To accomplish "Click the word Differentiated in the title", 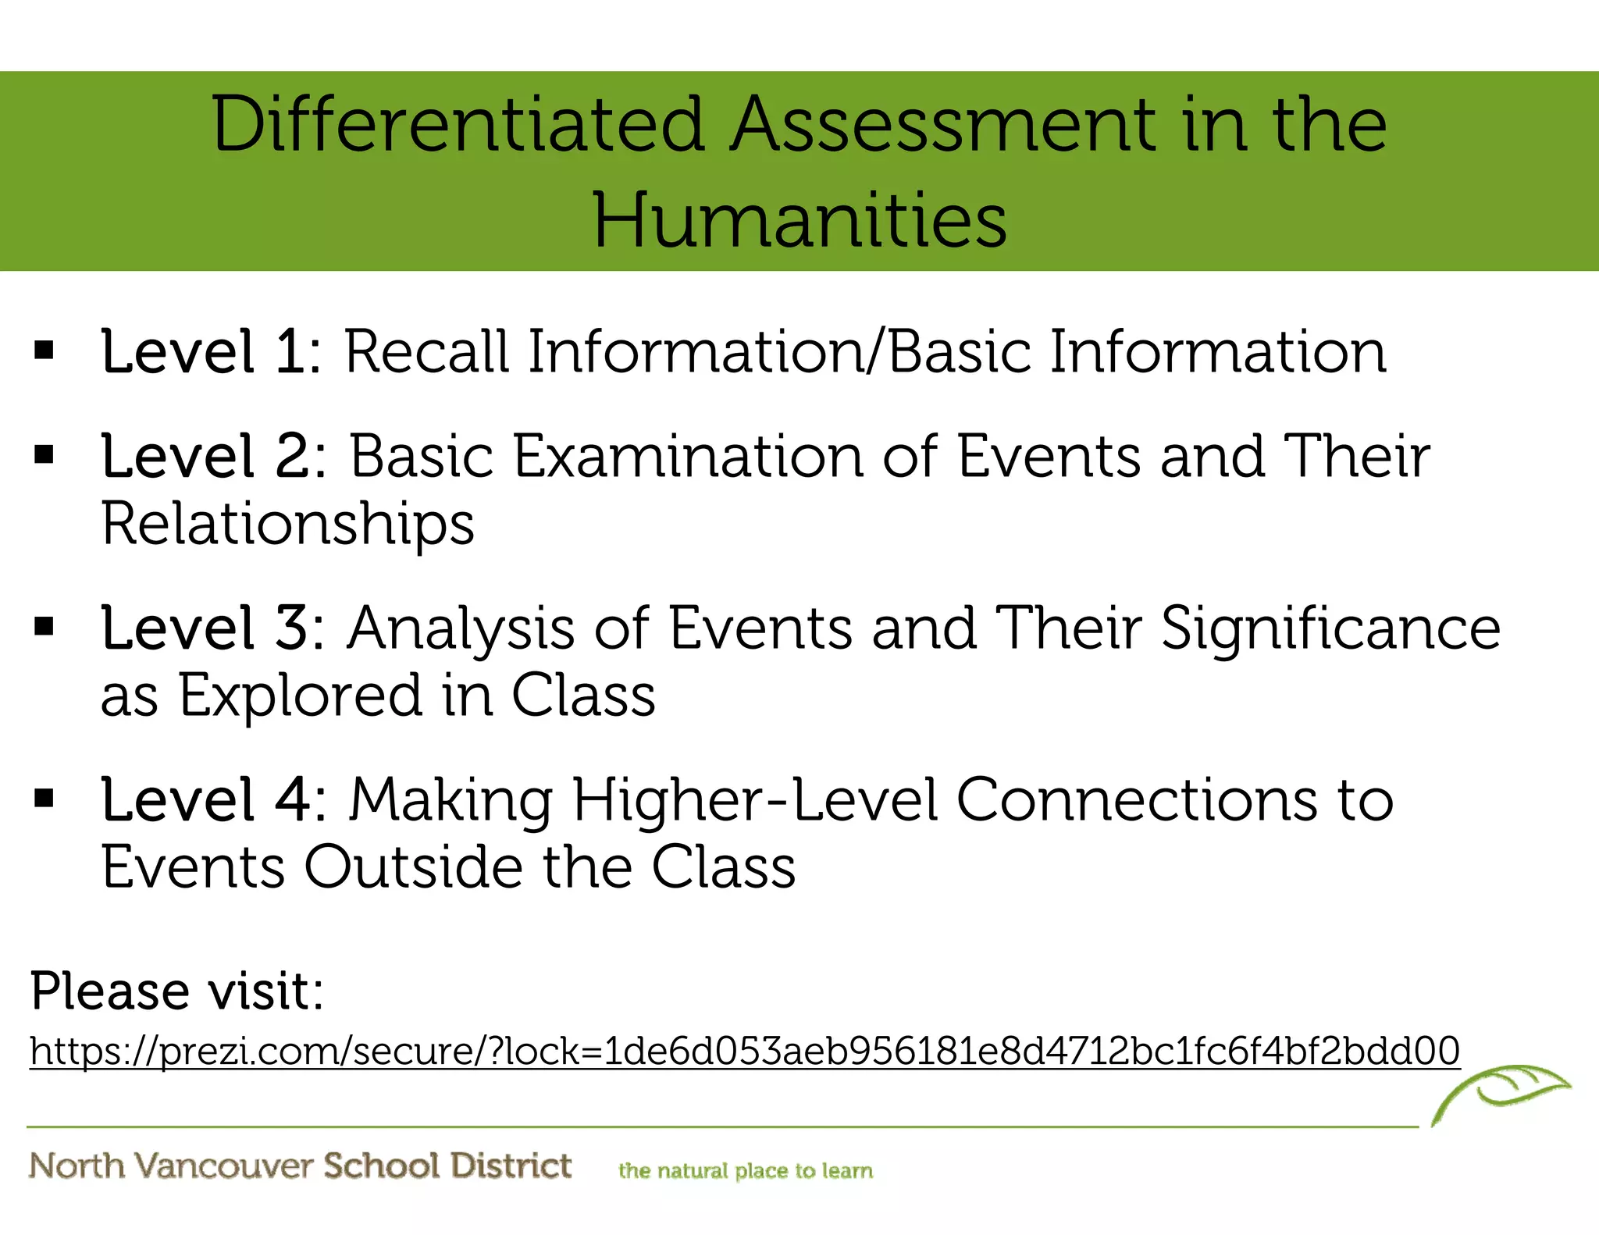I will click(x=458, y=125).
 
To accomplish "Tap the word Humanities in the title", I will click(x=800, y=221).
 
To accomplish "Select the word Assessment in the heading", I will click(x=943, y=125).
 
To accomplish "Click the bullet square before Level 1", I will click(x=45, y=351).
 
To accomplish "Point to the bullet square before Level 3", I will click(x=45, y=626).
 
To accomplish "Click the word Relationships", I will click(x=287, y=524).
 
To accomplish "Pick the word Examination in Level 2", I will click(x=688, y=456).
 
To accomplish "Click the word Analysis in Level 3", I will click(x=460, y=629).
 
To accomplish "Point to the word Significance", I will click(x=1330, y=629).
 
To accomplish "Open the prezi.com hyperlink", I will click(x=744, y=1051).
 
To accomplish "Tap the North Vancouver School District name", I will click(x=301, y=1166).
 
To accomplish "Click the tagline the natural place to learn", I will click(x=745, y=1170).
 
